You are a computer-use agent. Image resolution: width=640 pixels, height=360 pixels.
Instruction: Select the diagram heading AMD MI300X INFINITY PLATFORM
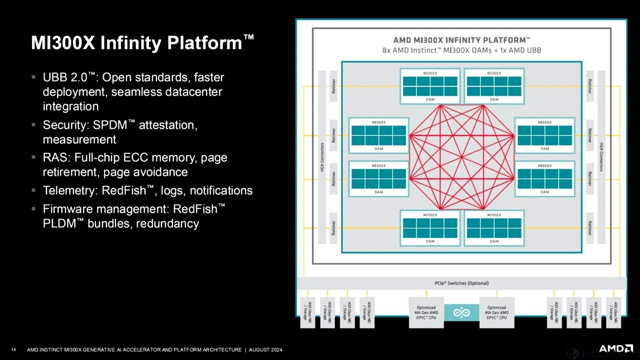[461, 40]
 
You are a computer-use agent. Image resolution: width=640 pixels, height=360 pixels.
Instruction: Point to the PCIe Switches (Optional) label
[461, 283]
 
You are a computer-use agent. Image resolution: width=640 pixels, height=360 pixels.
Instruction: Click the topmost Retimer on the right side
[590, 85]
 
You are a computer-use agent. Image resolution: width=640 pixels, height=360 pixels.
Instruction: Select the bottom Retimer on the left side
[333, 227]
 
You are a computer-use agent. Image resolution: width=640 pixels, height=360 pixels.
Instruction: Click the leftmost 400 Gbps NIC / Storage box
[307, 312]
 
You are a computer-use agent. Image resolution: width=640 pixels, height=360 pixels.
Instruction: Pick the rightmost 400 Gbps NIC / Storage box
[613, 312]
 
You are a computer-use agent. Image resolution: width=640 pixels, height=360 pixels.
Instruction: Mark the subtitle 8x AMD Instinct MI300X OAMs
[440, 50]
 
